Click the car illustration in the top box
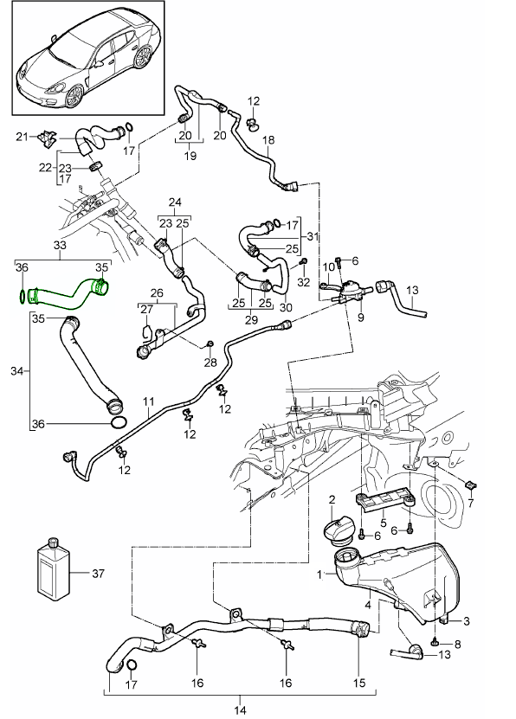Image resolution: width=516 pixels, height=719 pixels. (87, 67)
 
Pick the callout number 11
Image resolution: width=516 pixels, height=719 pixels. (148, 402)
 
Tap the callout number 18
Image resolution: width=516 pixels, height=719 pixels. (268, 139)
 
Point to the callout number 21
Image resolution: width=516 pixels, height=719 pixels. (21, 135)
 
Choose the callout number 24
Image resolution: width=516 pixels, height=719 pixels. (175, 204)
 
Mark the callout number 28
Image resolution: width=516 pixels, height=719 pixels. (210, 363)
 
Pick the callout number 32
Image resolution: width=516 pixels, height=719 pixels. (304, 281)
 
